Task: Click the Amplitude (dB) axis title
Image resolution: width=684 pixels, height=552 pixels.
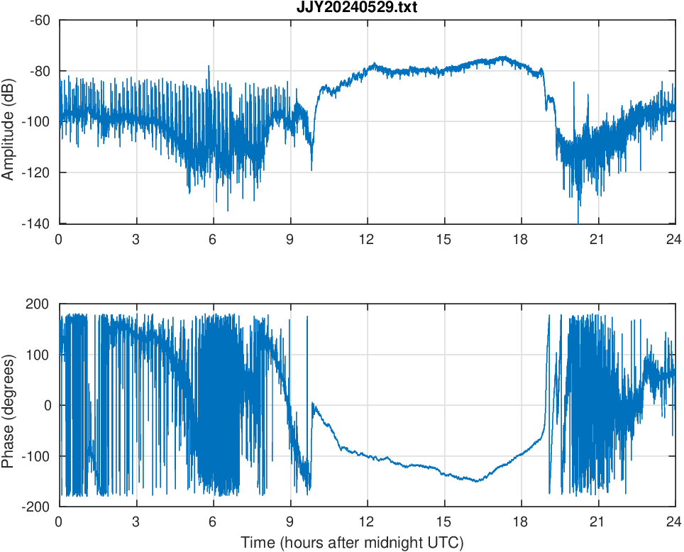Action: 9,123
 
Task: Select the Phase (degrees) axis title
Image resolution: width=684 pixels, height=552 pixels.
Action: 9,405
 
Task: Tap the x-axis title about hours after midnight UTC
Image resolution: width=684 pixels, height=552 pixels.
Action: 352,543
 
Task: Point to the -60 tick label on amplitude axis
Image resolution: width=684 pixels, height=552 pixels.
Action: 39,21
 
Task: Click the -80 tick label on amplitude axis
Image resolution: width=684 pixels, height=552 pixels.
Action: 39,71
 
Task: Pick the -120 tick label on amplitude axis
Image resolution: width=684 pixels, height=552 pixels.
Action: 36,173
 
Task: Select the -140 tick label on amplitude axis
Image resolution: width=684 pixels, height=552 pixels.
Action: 36,223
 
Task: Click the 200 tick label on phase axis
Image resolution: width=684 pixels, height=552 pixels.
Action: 38,304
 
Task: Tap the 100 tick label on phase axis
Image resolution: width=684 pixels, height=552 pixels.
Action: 38,355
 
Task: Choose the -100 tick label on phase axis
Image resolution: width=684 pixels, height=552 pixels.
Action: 36,456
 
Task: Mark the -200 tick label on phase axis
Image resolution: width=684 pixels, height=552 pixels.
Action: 36,507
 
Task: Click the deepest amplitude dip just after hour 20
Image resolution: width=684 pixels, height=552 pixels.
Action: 579,221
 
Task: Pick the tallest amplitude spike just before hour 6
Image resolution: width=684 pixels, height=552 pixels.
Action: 209,66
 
